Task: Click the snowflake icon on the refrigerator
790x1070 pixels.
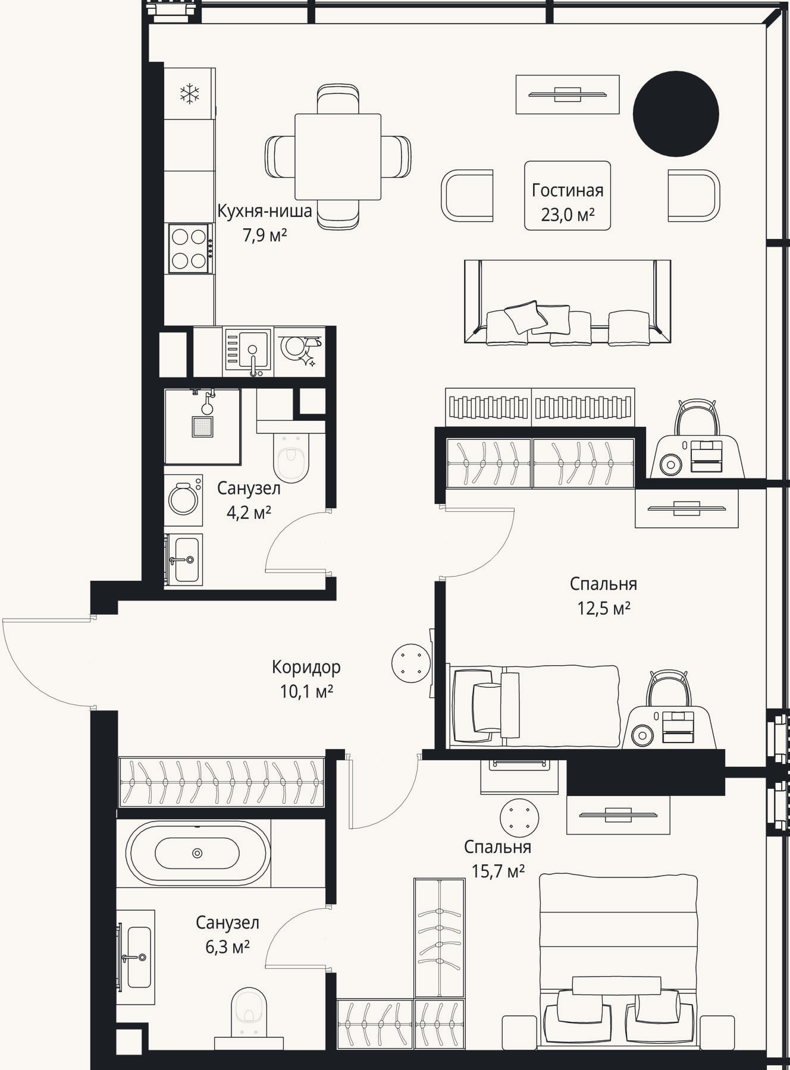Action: (190, 93)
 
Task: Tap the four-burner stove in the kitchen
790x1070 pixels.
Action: (190, 248)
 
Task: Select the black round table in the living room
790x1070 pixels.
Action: (676, 114)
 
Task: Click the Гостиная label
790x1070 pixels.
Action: (568, 190)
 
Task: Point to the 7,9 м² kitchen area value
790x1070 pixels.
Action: (265, 235)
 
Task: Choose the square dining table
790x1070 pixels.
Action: (338, 157)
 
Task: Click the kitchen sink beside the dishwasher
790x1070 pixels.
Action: (248, 352)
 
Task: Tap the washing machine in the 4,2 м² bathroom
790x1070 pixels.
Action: (183, 499)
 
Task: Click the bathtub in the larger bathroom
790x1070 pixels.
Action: (197, 853)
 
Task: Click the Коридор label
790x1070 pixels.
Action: (306, 667)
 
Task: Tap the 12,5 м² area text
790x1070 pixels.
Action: (604, 609)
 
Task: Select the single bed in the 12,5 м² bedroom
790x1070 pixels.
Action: (535, 706)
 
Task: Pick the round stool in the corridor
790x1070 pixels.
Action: (411, 663)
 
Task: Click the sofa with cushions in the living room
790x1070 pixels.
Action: (568, 302)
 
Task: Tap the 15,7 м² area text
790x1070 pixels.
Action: (498, 871)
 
